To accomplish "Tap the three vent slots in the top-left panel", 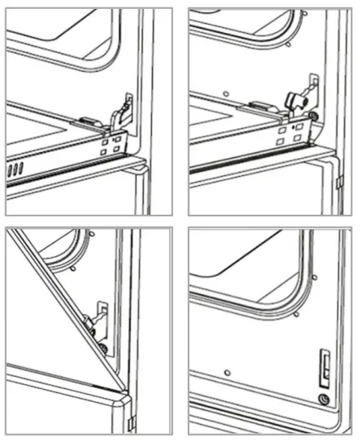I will tap(16, 171).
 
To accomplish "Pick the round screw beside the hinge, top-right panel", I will tap(313, 117).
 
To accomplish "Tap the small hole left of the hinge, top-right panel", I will tap(225, 94).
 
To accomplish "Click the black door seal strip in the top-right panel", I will tap(254, 164).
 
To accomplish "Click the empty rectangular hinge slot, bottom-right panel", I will tap(326, 365).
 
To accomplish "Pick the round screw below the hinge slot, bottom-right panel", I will tap(323, 399).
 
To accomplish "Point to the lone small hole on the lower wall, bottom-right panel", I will tap(226, 372).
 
